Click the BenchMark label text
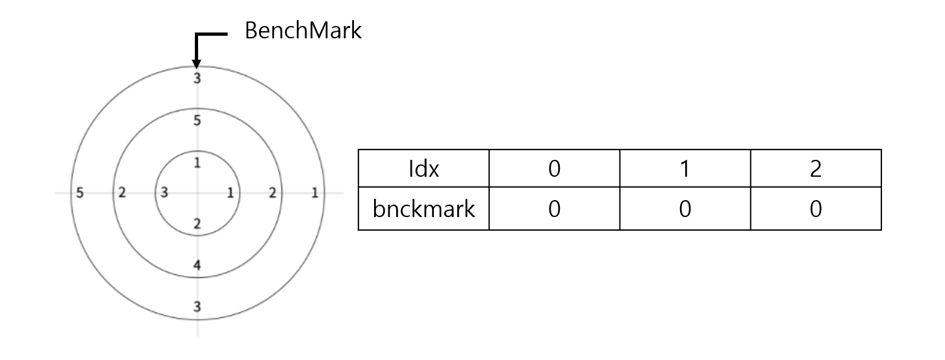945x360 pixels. pyautogui.click(x=303, y=32)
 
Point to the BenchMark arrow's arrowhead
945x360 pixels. pyautogui.click(x=196, y=63)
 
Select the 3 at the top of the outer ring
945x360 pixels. pyautogui.click(x=197, y=79)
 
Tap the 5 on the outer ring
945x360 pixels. pyautogui.click(x=79, y=192)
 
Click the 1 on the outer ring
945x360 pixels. pyautogui.click(x=315, y=192)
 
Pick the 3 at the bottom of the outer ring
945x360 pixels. pyautogui.click(x=197, y=307)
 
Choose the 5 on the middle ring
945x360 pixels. pyautogui.click(x=197, y=120)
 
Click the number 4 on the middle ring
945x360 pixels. pyautogui.click(x=197, y=264)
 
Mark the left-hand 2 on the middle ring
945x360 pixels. pyautogui.click(x=121, y=192)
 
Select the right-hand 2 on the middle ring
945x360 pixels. pyautogui.click(x=272, y=192)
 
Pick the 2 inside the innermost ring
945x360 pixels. pyautogui.click(x=197, y=224)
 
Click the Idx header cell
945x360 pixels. pyautogui.click(x=423, y=170)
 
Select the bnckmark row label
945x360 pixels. pyautogui.click(x=423, y=209)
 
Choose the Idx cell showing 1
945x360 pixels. pyautogui.click(x=685, y=170)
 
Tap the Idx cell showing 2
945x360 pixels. pyautogui.click(x=816, y=170)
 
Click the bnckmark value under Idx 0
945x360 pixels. pyautogui.click(x=554, y=209)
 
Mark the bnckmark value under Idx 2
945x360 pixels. pyautogui.click(x=816, y=209)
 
